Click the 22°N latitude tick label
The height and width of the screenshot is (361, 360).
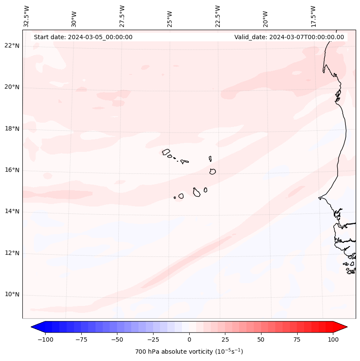tap(12, 46)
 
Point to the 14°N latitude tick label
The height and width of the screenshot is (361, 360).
tap(12, 212)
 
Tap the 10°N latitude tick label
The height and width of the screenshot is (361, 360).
tap(12, 295)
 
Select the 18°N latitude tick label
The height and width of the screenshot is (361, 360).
tap(12, 129)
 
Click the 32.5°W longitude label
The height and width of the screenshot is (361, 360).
tap(27, 16)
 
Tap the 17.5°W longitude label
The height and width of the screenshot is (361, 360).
tap(313, 16)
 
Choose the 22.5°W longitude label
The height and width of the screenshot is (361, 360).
tap(218, 16)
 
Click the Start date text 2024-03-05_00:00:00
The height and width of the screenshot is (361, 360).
tap(83, 37)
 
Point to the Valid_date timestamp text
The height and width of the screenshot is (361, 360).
tap(289, 37)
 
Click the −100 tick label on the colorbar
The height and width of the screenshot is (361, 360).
tap(45, 339)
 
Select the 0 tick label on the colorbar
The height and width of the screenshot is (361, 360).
tap(189, 339)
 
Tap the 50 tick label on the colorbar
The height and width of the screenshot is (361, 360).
tap(261, 339)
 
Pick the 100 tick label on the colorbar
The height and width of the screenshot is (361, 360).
tap(333, 339)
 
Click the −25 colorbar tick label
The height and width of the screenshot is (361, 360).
tap(152, 339)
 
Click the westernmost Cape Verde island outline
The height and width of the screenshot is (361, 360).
tap(166, 151)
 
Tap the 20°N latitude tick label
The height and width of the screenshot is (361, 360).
tap(12, 87)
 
